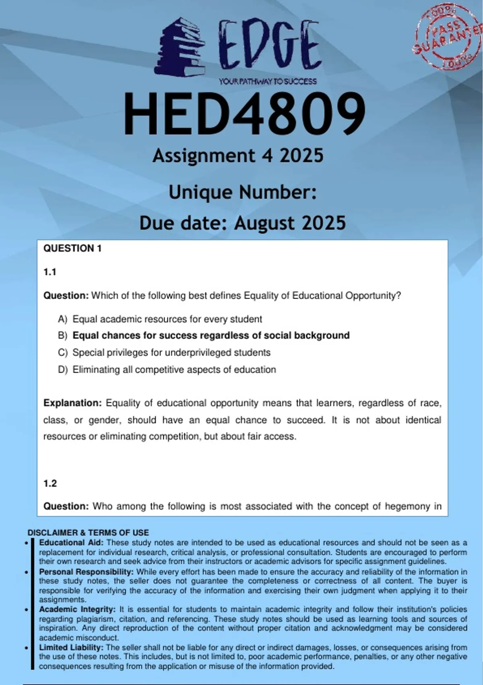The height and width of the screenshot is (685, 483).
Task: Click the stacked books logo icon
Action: click(x=180, y=48)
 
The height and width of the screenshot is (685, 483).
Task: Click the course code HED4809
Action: click(x=244, y=114)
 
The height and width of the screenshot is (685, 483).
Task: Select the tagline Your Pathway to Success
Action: click(x=268, y=81)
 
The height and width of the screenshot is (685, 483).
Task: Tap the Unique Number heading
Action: click(x=242, y=193)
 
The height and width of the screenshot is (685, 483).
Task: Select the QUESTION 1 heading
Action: click(x=72, y=249)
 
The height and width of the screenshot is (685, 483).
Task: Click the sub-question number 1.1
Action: click(x=50, y=272)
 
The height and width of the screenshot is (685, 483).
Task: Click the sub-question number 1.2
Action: click(x=50, y=484)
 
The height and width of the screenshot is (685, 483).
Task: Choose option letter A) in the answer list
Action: click(x=62, y=320)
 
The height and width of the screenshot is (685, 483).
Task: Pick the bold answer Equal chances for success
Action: click(x=211, y=336)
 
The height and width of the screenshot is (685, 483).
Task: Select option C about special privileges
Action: click(x=171, y=353)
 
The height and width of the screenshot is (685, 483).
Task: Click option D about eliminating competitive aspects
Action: click(x=174, y=370)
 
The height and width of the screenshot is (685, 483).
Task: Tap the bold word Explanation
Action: click(x=72, y=403)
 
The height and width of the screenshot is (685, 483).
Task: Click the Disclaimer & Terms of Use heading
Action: click(x=88, y=533)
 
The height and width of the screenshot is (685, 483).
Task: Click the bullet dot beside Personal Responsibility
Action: click(x=27, y=573)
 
